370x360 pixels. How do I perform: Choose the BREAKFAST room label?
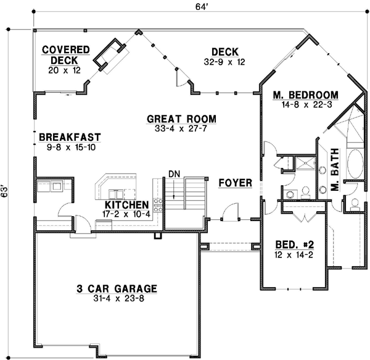pyautogui.click(x=69, y=137)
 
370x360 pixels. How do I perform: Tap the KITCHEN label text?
pyautogui.click(x=126, y=204)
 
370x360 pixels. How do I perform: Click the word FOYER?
pyautogui.click(x=235, y=183)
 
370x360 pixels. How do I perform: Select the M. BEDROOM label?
pyautogui.click(x=306, y=94)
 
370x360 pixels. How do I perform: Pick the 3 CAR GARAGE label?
pyautogui.click(x=117, y=288)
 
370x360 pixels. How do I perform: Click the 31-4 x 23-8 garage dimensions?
pyautogui.click(x=117, y=299)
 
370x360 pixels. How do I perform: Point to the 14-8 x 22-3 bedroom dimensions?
pyautogui.click(x=306, y=104)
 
